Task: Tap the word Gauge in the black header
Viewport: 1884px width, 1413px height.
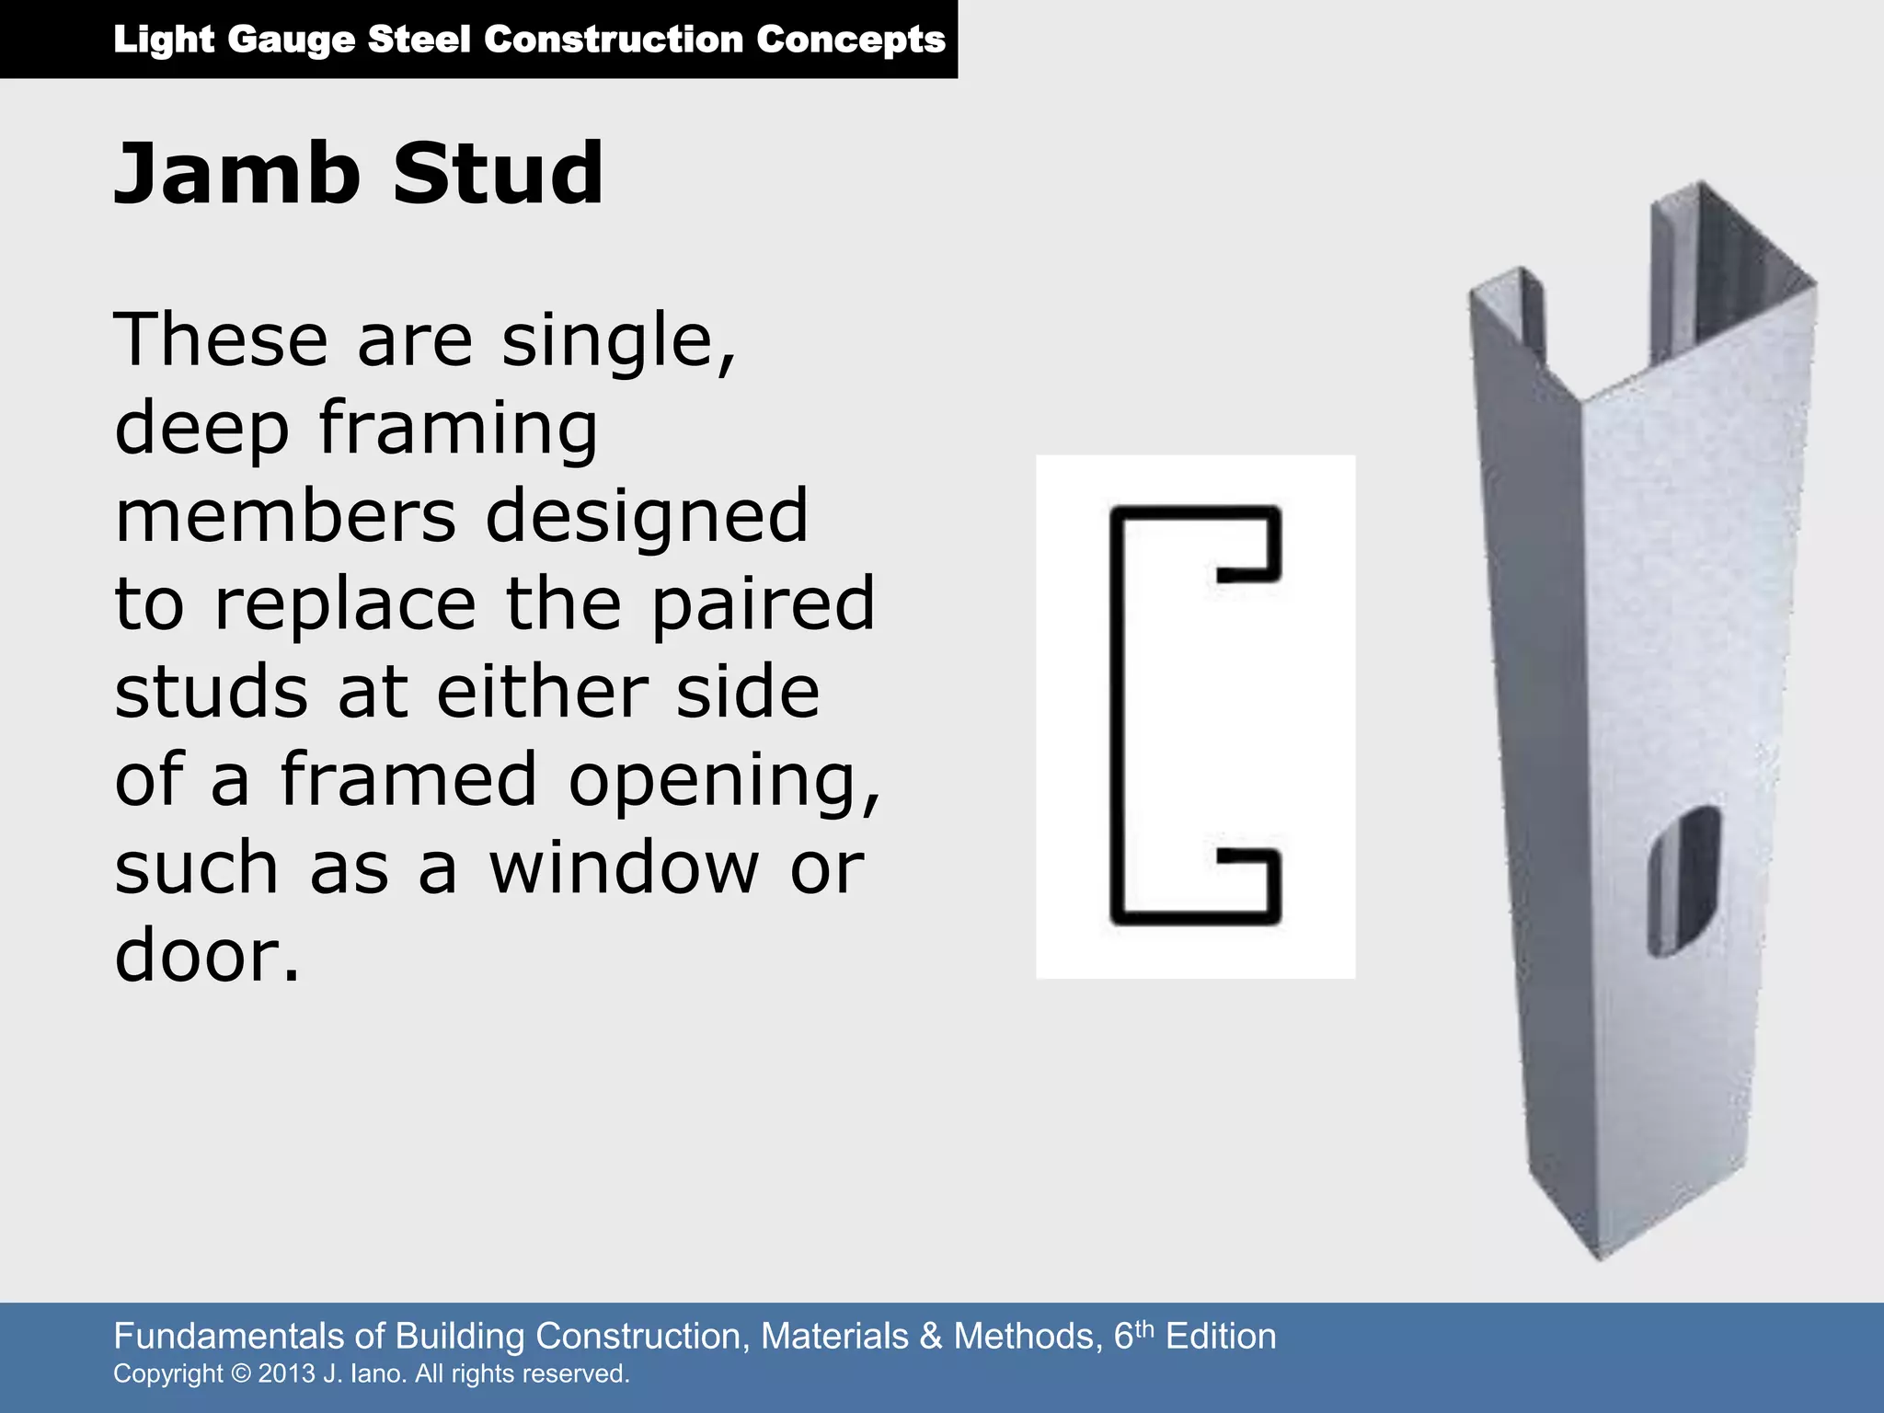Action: point(291,40)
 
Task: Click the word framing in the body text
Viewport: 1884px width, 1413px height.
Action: point(457,430)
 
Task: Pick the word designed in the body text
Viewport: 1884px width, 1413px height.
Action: point(646,517)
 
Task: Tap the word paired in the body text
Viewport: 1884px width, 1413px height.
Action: point(764,605)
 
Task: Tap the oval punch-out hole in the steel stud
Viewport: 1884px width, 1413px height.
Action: point(1683,880)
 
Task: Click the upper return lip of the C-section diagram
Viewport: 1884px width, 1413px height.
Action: point(1249,575)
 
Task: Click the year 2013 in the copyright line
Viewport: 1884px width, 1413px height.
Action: point(286,1373)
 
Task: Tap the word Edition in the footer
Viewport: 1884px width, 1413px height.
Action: point(1221,1336)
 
